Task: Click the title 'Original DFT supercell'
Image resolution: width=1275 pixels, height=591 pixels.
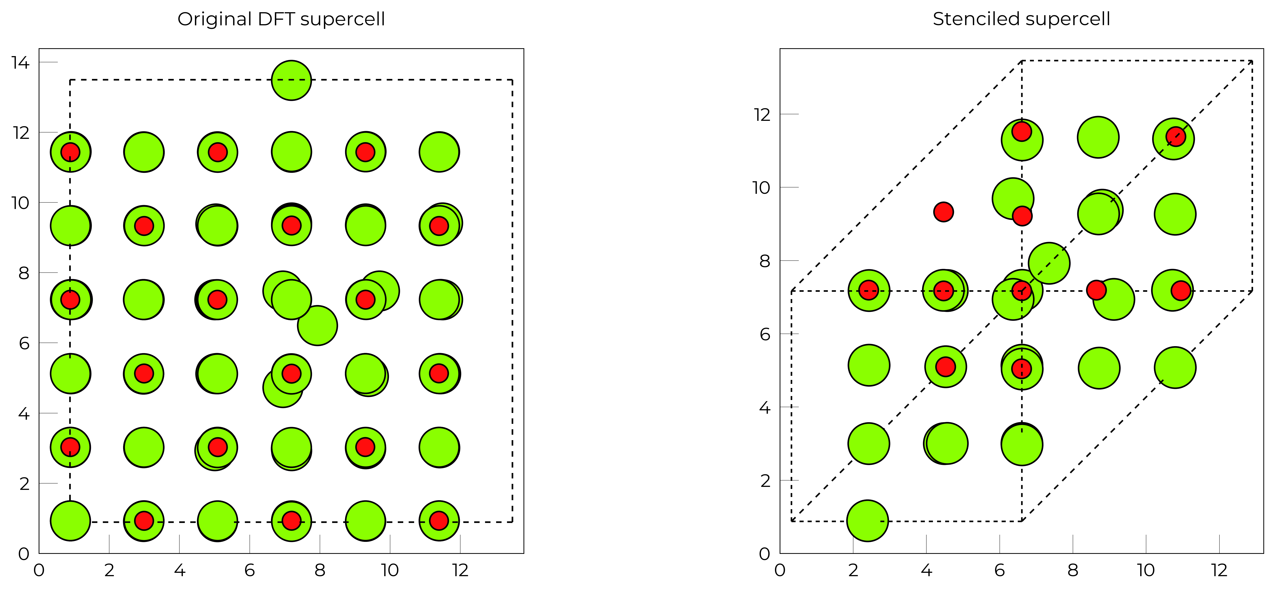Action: click(x=281, y=19)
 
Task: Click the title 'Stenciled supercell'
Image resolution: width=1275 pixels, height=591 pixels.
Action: click(x=1022, y=19)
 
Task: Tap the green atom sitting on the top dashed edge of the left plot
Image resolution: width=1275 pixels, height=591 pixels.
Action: click(x=292, y=80)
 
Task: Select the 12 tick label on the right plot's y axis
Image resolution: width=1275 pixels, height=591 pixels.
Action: click(x=762, y=115)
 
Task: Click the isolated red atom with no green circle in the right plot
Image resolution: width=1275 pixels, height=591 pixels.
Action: click(x=943, y=212)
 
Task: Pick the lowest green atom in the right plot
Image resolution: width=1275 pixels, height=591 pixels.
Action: click(x=868, y=521)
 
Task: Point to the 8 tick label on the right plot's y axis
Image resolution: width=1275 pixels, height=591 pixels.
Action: click(x=765, y=261)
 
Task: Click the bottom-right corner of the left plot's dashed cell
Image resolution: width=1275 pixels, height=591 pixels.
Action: click(x=512, y=522)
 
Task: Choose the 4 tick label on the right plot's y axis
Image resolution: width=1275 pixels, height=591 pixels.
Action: click(x=765, y=407)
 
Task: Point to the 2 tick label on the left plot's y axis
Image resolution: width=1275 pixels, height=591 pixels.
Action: click(x=24, y=484)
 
